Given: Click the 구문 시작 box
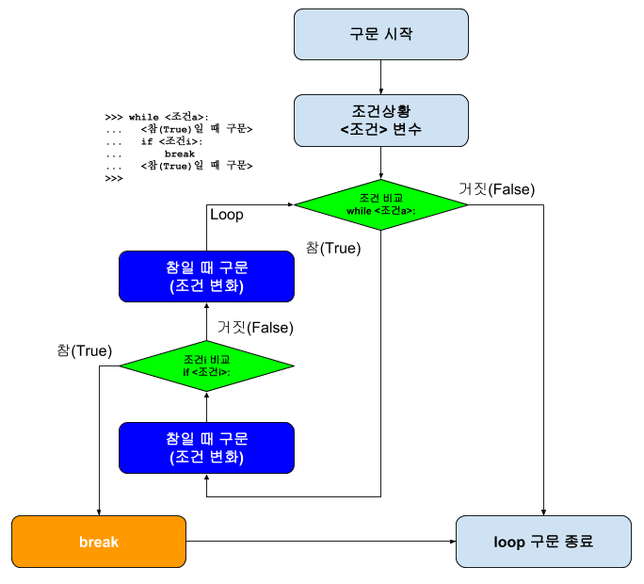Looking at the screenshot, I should coord(380,35).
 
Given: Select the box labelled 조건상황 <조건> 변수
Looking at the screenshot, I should coord(380,121).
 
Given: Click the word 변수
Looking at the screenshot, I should coord(407,129).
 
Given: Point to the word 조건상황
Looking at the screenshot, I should coord(380,111).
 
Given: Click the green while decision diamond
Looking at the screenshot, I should coord(380,204).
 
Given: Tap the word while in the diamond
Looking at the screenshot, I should coord(360,211).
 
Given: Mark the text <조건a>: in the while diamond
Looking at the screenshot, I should coord(395,211).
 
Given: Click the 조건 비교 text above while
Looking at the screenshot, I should coord(380,198).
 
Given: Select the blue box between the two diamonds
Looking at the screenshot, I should coord(206,276).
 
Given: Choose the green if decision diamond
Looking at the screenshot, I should coord(206,365).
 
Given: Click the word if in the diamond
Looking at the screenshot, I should coord(185,372).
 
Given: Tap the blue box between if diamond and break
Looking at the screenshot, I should coord(206,447).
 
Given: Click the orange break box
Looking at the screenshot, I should coord(99,542).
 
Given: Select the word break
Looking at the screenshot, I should coord(99,542).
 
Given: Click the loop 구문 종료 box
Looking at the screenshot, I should coord(543,542).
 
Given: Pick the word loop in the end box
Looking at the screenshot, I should coord(509,542).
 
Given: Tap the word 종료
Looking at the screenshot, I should coord(579,542).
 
